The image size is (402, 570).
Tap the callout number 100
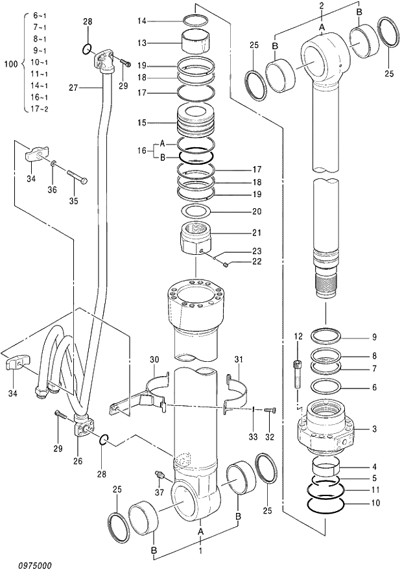pyautogui.click(x=10, y=64)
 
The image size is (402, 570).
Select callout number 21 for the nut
pyautogui.click(x=239, y=233)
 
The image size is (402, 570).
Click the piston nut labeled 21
pyautogui.click(x=196, y=239)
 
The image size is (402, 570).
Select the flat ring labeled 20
pyautogui.click(x=195, y=211)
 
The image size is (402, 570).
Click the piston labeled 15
pyautogui.click(x=195, y=123)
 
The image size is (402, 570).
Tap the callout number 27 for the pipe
pyautogui.click(x=73, y=87)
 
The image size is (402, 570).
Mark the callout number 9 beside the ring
pyautogui.click(x=374, y=337)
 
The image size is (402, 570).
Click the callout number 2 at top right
pyautogui.click(x=322, y=5)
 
